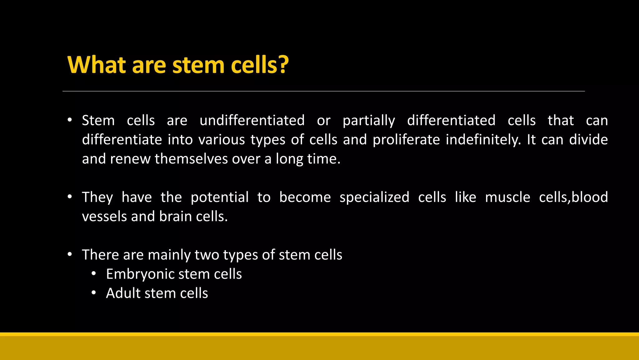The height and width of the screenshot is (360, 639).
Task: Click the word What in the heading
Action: pyautogui.click(x=96, y=65)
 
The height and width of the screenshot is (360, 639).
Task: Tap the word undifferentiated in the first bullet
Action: pyautogui.click(x=252, y=121)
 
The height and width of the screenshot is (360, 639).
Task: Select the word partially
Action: pyautogui.click(x=369, y=121)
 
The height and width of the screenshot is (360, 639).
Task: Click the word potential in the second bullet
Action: pyautogui.click(x=220, y=197)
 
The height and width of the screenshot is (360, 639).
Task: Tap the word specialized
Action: pyautogui.click(x=374, y=197)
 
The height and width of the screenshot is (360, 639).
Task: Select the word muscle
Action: pyautogui.click(x=508, y=197)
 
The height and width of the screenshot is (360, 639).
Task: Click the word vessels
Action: pyautogui.click(x=104, y=217)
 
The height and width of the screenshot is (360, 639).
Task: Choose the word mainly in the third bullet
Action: pyautogui.click(x=169, y=255)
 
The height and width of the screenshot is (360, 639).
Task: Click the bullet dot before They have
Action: pyautogui.click(x=70, y=197)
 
